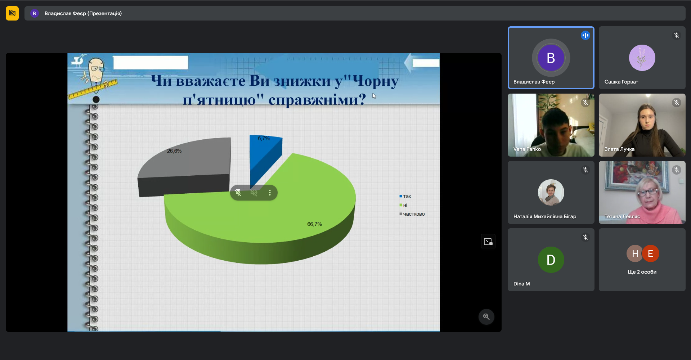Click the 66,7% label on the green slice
(x=314, y=224)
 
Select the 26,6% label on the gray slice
(x=174, y=151)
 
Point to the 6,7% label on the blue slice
(x=264, y=138)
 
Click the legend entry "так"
(x=405, y=196)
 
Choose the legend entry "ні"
(x=403, y=205)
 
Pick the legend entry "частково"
(x=412, y=214)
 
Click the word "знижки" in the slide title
(x=302, y=81)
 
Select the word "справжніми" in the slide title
(x=317, y=99)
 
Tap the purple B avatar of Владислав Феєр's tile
(x=551, y=58)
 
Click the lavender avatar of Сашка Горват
(x=642, y=58)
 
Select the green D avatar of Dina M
(x=551, y=260)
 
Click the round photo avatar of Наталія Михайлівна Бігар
(x=551, y=192)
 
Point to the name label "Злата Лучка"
(x=619, y=149)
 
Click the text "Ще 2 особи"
(x=642, y=272)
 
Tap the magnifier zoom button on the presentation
(x=486, y=317)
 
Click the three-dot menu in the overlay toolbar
(x=270, y=193)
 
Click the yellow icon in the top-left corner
(x=12, y=13)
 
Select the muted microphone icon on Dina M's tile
(x=585, y=237)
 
